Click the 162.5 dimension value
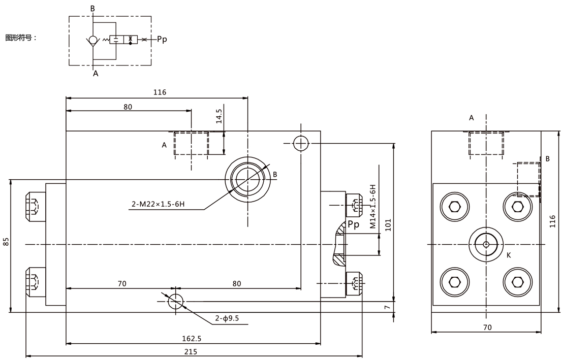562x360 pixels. pos(192,339)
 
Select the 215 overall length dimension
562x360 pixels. pos(191,352)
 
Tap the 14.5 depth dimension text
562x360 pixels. pos(219,116)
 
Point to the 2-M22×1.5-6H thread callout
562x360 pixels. pos(158,204)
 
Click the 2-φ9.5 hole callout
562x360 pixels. pos(227,318)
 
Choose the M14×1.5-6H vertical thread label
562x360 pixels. pos(373,207)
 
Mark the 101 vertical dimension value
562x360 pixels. pos(388,225)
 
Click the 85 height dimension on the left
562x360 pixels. pos(6,242)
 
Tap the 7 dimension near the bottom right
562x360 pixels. pos(387,307)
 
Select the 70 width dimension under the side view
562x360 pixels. pos(487,327)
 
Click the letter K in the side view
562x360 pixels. pos(509,255)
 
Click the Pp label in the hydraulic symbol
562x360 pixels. pos(162,39)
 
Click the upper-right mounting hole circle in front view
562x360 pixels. pos(301,143)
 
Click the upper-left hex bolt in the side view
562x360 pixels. pos(455,207)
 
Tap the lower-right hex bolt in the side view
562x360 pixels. pos(517,282)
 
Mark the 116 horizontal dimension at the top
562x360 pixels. pos(160,92)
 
